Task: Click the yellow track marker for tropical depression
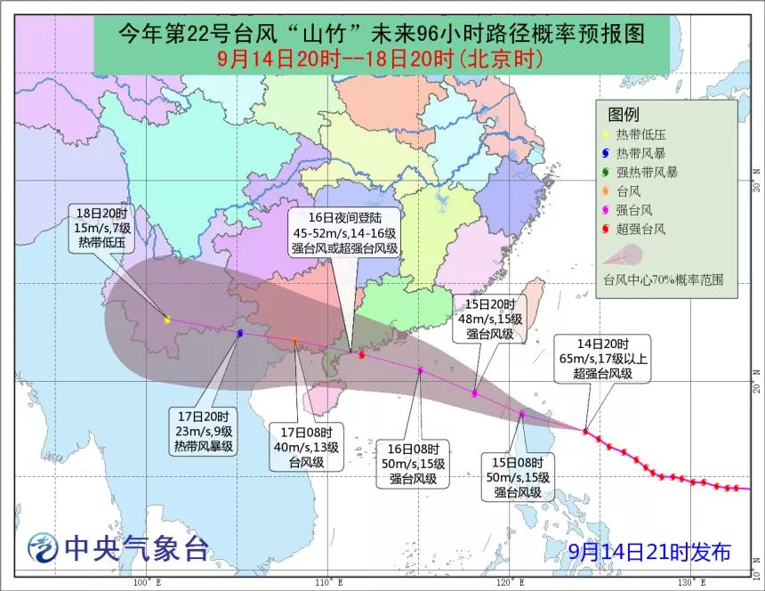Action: click(x=167, y=319)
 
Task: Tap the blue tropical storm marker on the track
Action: click(x=240, y=332)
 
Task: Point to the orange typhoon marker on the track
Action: click(x=295, y=341)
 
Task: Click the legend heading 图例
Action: click(x=624, y=114)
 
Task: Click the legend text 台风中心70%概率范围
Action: click(x=664, y=279)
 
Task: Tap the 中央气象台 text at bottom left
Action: click(x=133, y=548)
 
